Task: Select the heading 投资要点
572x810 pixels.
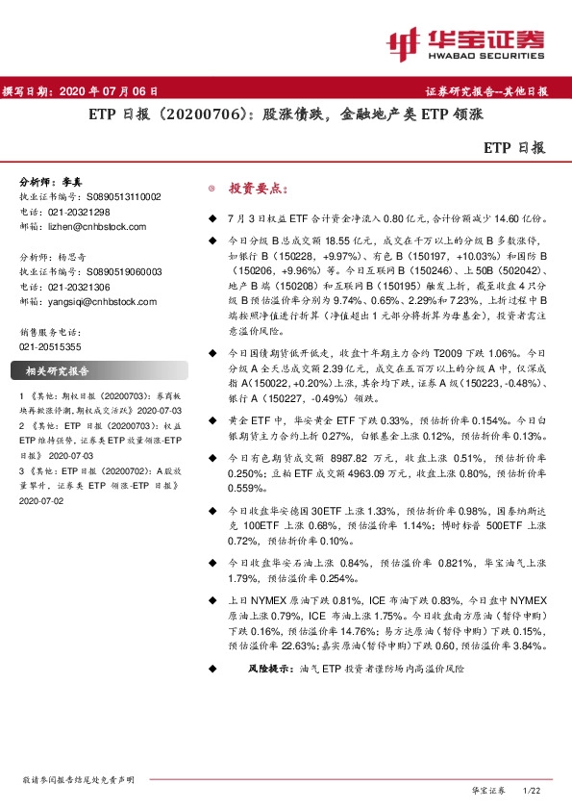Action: (x=254, y=189)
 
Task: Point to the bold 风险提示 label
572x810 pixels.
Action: (x=271, y=667)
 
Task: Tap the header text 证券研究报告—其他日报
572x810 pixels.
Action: (x=486, y=91)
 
